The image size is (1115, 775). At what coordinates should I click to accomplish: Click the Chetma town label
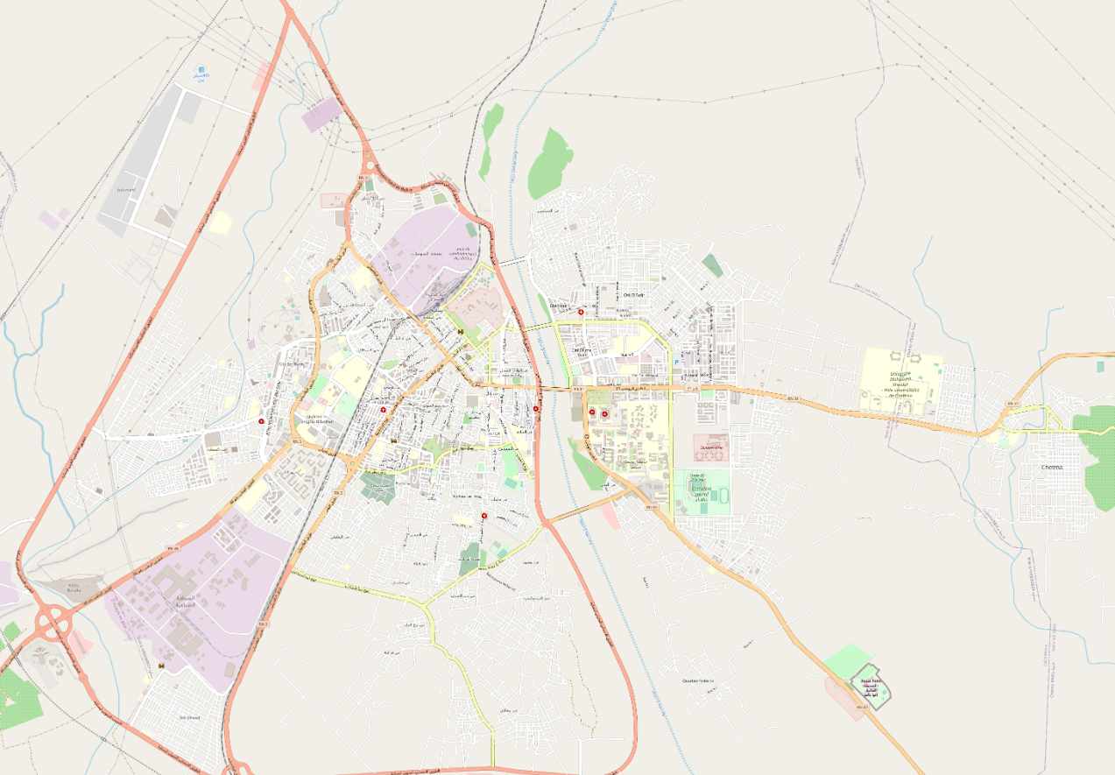point(1051,468)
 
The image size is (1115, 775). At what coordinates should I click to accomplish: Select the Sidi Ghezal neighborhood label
point(190,717)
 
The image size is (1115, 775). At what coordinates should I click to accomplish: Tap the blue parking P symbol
point(676,361)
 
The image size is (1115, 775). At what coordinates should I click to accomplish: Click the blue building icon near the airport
point(201,71)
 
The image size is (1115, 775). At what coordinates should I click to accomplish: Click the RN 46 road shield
point(173,548)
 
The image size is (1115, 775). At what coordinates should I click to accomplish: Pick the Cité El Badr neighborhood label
point(293,364)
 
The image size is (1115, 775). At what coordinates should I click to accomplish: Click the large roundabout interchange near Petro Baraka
point(54,624)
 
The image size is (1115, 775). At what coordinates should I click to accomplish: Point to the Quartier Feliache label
point(698,680)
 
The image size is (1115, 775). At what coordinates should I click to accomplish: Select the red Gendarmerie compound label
point(710,447)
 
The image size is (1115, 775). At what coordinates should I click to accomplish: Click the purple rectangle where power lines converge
point(321,115)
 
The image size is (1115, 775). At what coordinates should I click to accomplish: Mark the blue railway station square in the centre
point(462,331)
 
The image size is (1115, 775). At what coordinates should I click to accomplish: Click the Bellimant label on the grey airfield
point(126,188)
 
